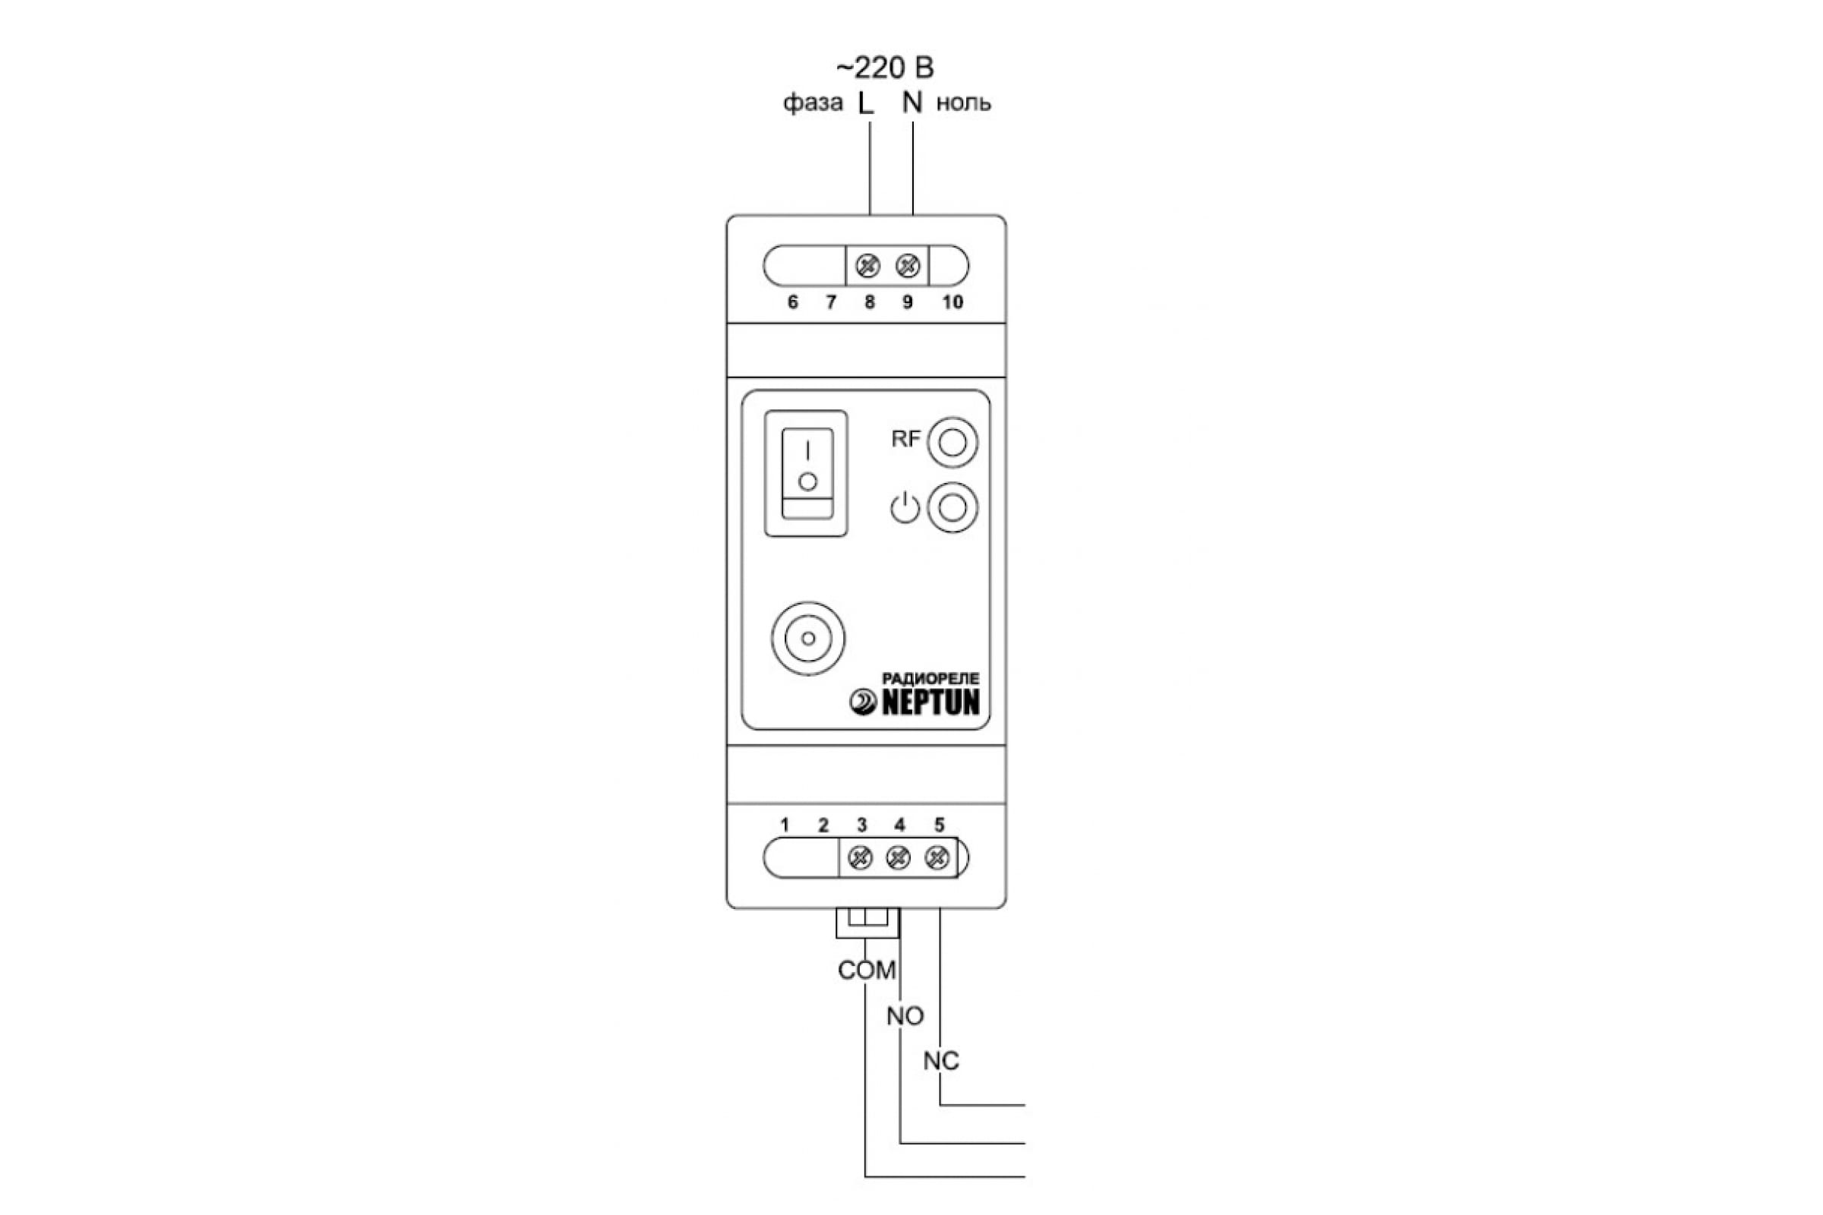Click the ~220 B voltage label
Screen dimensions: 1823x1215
pyautogui.click(x=884, y=68)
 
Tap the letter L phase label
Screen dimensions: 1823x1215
pyautogui.click(x=865, y=103)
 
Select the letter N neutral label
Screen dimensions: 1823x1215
pyautogui.click(x=912, y=103)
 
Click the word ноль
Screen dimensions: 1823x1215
pyautogui.click(x=963, y=103)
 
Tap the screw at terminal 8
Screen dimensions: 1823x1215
pyautogui.click(x=867, y=266)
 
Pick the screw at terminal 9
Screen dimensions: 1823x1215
pyautogui.click(x=908, y=266)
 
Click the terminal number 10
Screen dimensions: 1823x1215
pyautogui.click(x=953, y=302)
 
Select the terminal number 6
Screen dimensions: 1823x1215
pyautogui.click(x=792, y=302)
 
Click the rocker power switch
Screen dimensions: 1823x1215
pyautogui.click(x=806, y=472)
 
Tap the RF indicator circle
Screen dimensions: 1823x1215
pyautogui.click(x=953, y=443)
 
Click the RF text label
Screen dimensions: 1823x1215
pyautogui.click(x=905, y=440)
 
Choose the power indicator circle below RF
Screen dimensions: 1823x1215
pyautogui.click(x=953, y=507)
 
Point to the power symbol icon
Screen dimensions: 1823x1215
pyautogui.click(x=905, y=509)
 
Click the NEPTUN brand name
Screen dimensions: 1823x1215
pyautogui.click(x=930, y=703)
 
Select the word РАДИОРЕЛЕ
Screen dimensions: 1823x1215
pyautogui.click(x=930, y=679)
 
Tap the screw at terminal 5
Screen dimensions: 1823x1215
pyautogui.click(x=937, y=859)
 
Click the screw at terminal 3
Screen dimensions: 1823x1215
pyautogui.click(x=861, y=859)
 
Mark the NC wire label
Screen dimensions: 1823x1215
pyautogui.click(x=941, y=1061)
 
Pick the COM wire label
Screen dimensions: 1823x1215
pyautogui.click(x=867, y=970)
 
